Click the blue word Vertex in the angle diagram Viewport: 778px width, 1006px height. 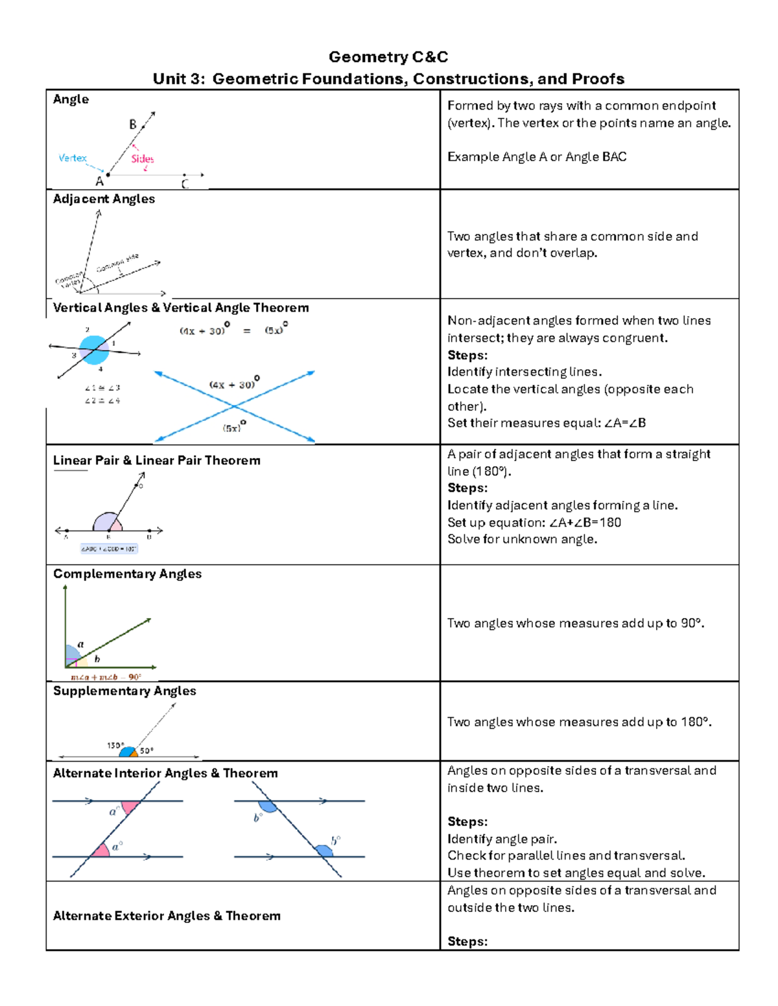(x=72, y=158)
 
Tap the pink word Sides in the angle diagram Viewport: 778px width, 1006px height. (x=142, y=159)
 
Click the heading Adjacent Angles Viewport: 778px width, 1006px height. (x=104, y=199)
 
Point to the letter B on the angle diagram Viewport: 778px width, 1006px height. (x=133, y=124)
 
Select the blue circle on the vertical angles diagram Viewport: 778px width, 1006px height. (x=94, y=350)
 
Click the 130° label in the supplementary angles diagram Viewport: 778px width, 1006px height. (x=115, y=746)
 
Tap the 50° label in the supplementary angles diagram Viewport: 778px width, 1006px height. (x=147, y=751)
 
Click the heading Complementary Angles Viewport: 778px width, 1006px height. (x=127, y=574)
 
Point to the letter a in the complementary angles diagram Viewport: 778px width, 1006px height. (x=81, y=644)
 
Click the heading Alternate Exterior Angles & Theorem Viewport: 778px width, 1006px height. (x=167, y=916)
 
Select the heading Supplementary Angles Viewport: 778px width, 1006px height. (x=124, y=691)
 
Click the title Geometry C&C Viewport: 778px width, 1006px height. (x=388, y=57)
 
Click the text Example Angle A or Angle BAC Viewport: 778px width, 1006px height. (x=537, y=157)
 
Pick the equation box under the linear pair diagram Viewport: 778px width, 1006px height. (x=109, y=549)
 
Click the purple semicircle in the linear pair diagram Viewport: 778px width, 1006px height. (x=106, y=521)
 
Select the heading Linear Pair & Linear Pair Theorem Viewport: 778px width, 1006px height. (x=157, y=461)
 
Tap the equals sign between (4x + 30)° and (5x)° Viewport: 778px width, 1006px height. (x=246, y=330)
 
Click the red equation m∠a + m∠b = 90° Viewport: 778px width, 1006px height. (x=106, y=677)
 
